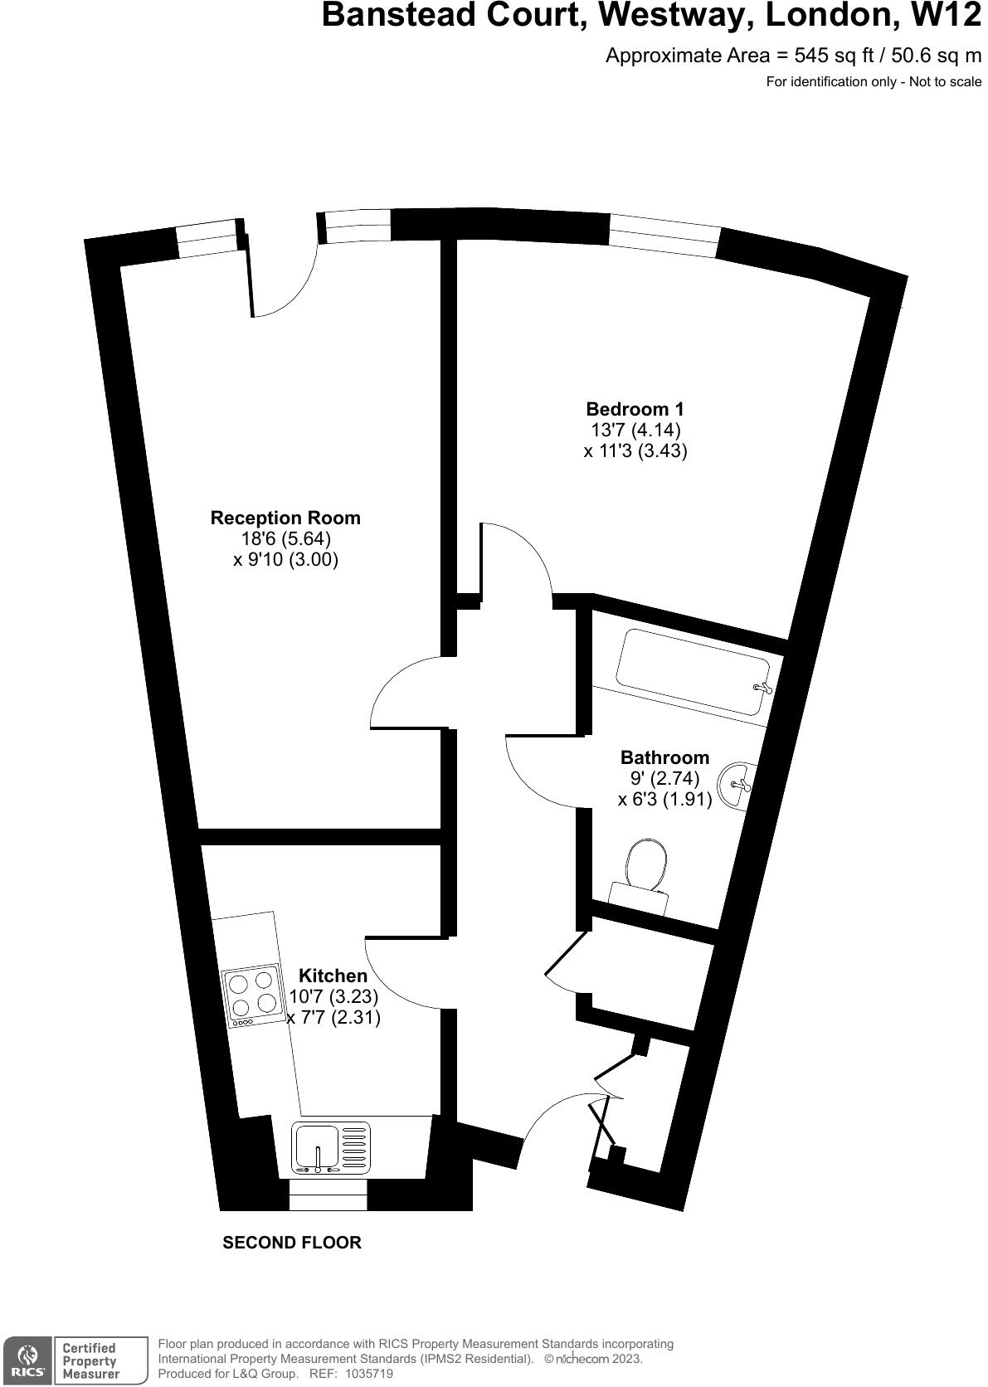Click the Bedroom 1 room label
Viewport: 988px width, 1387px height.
click(x=635, y=409)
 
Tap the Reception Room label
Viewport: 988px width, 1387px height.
click(x=285, y=518)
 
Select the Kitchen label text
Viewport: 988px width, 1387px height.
click(x=333, y=976)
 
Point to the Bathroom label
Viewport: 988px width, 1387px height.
click(x=664, y=757)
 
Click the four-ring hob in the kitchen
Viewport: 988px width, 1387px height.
click(x=253, y=996)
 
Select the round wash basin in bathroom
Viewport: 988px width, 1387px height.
click(x=736, y=783)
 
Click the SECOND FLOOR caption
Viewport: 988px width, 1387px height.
click(x=292, y=1243)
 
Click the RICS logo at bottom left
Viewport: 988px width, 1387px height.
click(x=27, y=1359)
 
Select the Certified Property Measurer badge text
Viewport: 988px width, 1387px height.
click(x=90, y=1360)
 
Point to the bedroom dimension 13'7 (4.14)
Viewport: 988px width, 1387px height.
click(x=635, y=430)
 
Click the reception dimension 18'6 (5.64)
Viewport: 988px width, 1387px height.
click(x=285, y=538)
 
